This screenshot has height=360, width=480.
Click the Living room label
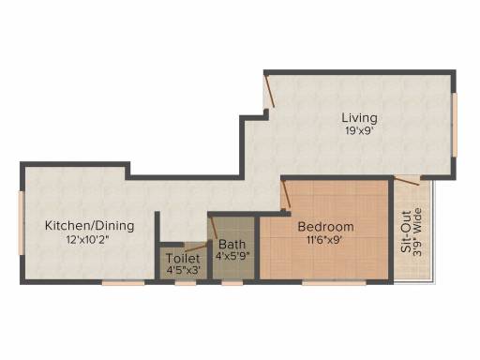pos(359,118)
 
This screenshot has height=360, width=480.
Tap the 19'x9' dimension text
pos(359,130)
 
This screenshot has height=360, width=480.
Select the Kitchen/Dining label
pos(90,226)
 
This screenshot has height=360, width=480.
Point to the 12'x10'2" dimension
pos(90,240)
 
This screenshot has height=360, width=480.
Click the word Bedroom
pos(325,227)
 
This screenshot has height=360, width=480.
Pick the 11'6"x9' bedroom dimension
pos(325,240)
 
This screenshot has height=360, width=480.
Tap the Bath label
pos(232,244)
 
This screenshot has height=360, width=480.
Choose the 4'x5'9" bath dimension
pos(232,256)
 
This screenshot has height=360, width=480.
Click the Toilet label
pos(183,259)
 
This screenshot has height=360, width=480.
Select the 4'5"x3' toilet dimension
pos(183,270)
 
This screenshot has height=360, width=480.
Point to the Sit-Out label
pos(406,232)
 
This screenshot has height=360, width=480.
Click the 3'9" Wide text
pos(417,232)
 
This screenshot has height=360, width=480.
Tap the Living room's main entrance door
pos(268,91)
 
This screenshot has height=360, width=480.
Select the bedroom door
pos(286,196)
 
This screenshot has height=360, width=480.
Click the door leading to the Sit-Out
pos(407,181)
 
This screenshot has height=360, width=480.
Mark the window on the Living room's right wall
pos(455,125)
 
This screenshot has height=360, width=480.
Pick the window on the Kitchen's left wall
pos(22,223)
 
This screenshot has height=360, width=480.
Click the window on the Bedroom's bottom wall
pos(334,283)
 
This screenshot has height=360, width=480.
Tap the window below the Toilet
pos(186,283)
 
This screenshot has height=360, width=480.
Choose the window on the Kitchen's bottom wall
pos(124,283)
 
